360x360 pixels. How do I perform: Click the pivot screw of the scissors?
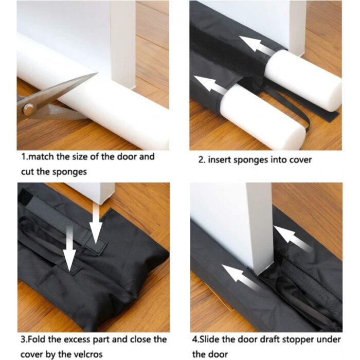pyautogui.click(x=28, y=109)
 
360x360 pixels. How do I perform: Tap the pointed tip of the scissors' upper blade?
pyautogui.click(x=98, y=73)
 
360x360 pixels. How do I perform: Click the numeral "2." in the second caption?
pyautogui.click(x=202, y=159)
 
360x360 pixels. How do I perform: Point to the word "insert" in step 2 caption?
pyautogui.click(x=220, y=159)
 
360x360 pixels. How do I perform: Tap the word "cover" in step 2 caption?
pyautogui.click(x=300, y=159)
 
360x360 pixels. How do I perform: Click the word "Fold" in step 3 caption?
pyautogui.click(x=36, y=339)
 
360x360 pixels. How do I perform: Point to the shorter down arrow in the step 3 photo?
pyautogui.click(x=96, y=224)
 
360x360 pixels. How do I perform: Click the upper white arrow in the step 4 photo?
pyautogui.click(x=292, y=239)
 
